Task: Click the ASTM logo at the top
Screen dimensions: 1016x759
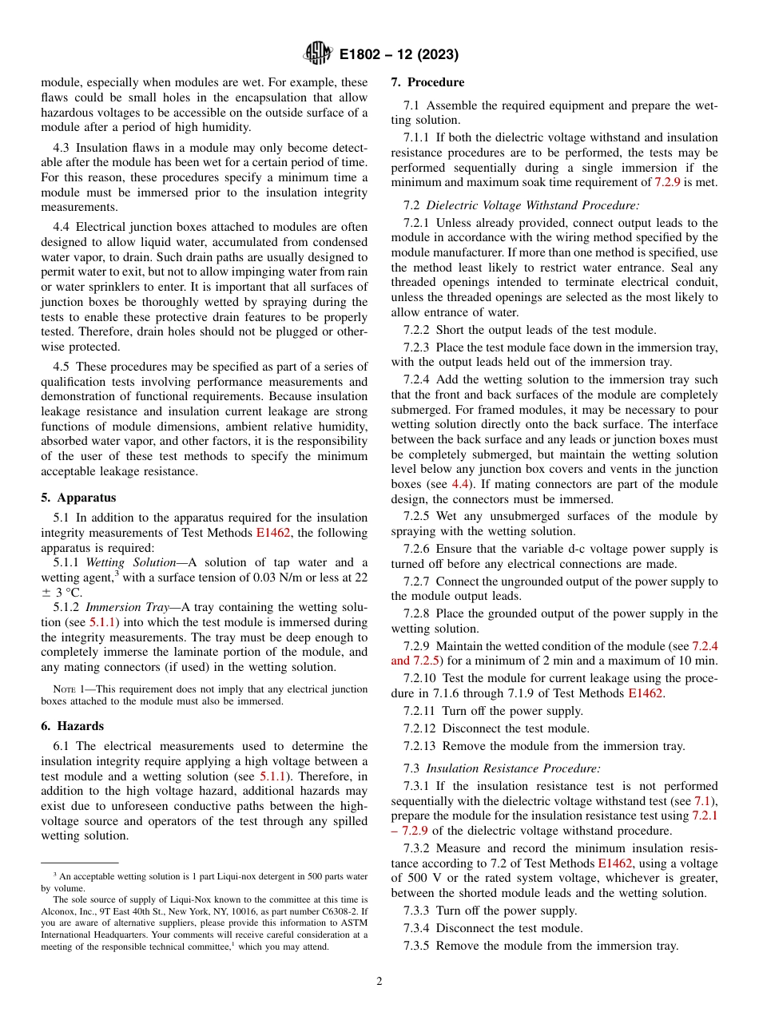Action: click(318, 54)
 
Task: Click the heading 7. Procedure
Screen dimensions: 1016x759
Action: click(427, 82)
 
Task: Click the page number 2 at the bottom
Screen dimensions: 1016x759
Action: click(379, 982)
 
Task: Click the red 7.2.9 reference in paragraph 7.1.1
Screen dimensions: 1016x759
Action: click(668, 182)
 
